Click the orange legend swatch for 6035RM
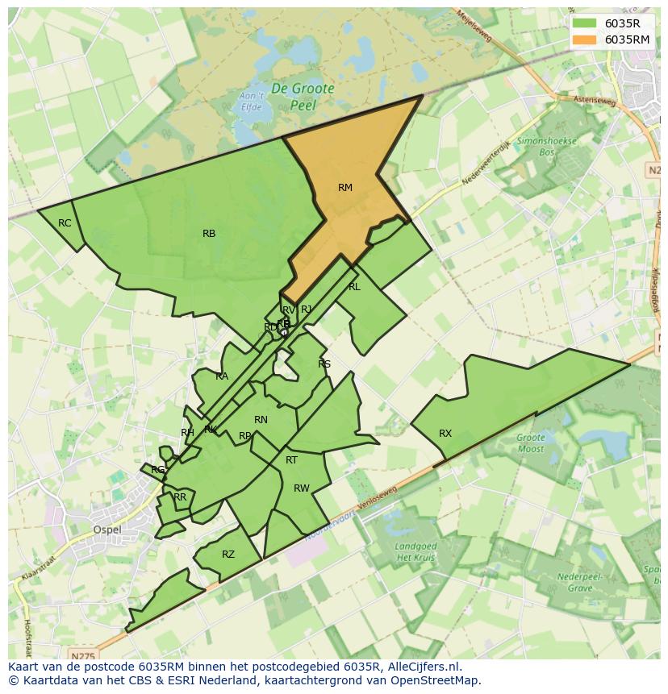coord(586,39)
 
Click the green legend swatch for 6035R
coord(586,23)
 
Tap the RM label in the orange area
coord(345,188)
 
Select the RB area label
coord(209,234)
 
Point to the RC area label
coord(65,223)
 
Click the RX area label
coord(445,434)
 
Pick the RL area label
coord(354,287)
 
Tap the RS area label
coord(324,364)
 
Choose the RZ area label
coord(228,555)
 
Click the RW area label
coord(302,488)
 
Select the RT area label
coord(292,460)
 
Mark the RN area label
coord(261,420)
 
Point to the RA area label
coord(222,376)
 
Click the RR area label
coord(180,497)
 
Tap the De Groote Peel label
coord(303,96)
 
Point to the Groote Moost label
coord(530,443)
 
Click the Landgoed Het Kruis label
coord(416,551)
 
